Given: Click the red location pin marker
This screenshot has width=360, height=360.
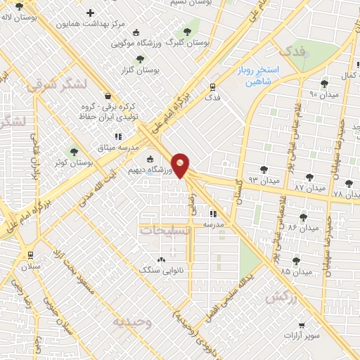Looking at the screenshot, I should [181, 165].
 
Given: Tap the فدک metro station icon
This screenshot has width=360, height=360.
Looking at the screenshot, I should [212, 86].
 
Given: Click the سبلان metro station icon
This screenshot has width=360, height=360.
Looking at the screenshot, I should [30, 255].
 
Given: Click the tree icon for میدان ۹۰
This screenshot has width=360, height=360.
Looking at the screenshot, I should [324, 82].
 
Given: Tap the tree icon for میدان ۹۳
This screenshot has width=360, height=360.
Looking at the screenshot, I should [264, 169].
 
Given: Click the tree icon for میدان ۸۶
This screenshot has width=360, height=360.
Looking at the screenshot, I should [303, 217].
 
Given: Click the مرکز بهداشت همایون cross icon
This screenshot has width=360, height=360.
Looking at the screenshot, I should [90, 13].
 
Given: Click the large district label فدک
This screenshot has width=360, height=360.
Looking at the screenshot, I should [293, 51].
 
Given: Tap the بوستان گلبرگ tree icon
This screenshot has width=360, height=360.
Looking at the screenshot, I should [186, 32].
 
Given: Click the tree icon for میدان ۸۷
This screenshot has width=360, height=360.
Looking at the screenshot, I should [309, 176].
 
